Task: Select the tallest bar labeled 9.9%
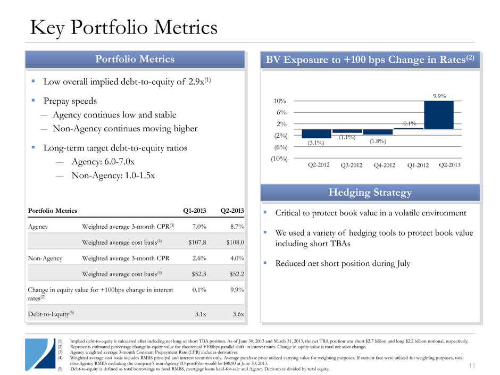click(x=438, y=115)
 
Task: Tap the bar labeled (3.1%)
click(x=316, y=134)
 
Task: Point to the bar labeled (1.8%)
click(x=378, y=132)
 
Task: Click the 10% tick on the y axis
click(x=281, y=101)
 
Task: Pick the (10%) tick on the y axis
click(x=279, y=159)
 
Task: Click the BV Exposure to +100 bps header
click(x=370, y=59)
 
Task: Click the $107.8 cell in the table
click(x=196, y=243)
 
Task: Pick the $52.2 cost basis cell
click(x=234, y=274)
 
